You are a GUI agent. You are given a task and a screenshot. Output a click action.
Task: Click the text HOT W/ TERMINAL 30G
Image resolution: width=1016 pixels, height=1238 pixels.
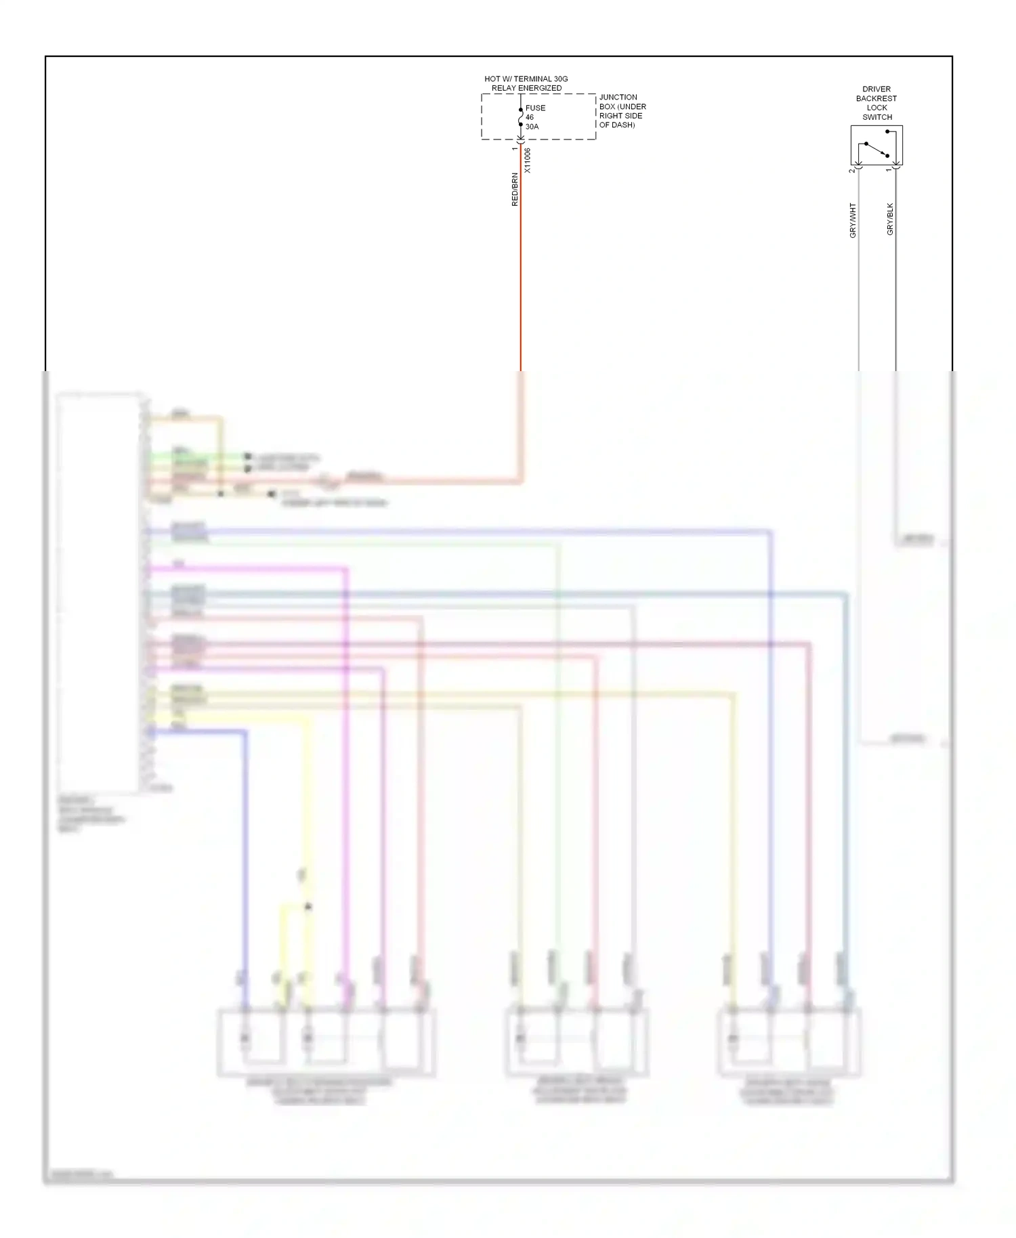(x=526, y=79)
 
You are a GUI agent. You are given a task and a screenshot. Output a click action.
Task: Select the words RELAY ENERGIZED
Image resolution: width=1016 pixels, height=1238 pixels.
(x=526, y=89)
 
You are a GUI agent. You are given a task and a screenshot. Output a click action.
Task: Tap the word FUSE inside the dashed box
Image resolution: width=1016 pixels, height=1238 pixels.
(x=535, y=108)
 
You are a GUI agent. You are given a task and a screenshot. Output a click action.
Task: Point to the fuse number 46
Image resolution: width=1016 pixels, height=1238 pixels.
(x=530, y=117)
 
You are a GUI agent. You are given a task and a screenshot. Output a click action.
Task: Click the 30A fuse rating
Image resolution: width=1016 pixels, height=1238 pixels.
(x=532, y=127)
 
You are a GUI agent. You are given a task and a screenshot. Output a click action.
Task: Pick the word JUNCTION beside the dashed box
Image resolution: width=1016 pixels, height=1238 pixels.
(x=618, y=98)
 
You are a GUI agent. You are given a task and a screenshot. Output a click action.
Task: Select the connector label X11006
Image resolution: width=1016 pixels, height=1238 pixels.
(x=528, y=161)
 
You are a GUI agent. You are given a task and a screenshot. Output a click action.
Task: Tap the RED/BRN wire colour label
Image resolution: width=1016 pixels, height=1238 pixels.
(x=515, y=190)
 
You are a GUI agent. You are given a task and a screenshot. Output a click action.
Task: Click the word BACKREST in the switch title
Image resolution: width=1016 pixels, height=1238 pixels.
(x=876, y=99)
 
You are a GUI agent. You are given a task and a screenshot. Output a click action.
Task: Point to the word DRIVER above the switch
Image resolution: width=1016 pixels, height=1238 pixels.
(x=876, y=89)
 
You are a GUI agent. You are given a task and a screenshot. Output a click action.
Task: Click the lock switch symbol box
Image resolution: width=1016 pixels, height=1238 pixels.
(x=876, y=145)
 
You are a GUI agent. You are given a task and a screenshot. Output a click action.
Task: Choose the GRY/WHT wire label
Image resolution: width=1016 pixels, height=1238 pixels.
(x=853, y=220)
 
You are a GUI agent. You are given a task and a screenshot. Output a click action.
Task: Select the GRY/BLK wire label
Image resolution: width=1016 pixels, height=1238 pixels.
(x=890, y=219)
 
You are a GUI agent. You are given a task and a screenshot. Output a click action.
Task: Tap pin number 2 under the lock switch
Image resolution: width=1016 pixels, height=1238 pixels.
(x=852, y=171)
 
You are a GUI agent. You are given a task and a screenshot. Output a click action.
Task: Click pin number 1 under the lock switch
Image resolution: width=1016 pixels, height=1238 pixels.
(x=889, y=170)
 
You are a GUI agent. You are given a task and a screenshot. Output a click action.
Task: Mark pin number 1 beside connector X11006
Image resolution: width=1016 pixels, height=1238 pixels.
(x=515, y=148)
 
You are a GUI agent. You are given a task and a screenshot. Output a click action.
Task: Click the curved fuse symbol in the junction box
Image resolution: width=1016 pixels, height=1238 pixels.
(x=520, y=117)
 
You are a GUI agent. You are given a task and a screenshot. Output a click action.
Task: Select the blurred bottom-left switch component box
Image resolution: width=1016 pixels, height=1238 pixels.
(x=326, y=1042)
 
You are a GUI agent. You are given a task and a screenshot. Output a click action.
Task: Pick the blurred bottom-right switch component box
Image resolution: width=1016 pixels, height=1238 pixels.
(x=789, y=1042)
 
